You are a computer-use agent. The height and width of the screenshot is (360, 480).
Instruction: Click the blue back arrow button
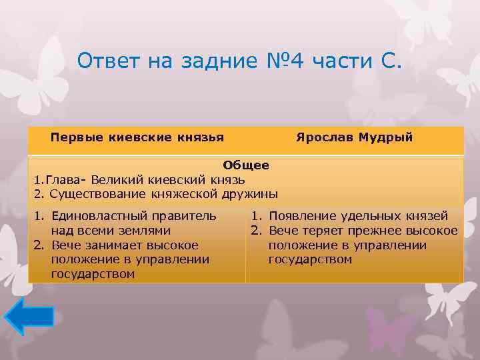28,317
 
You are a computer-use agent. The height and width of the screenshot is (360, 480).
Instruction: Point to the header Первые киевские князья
137,137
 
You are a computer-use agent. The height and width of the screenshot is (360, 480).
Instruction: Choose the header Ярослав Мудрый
354,137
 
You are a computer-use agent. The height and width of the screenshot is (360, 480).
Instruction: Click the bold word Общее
246,165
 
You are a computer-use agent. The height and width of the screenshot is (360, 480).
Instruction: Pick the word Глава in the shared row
59,179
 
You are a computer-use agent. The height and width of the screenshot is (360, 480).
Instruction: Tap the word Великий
116,179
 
